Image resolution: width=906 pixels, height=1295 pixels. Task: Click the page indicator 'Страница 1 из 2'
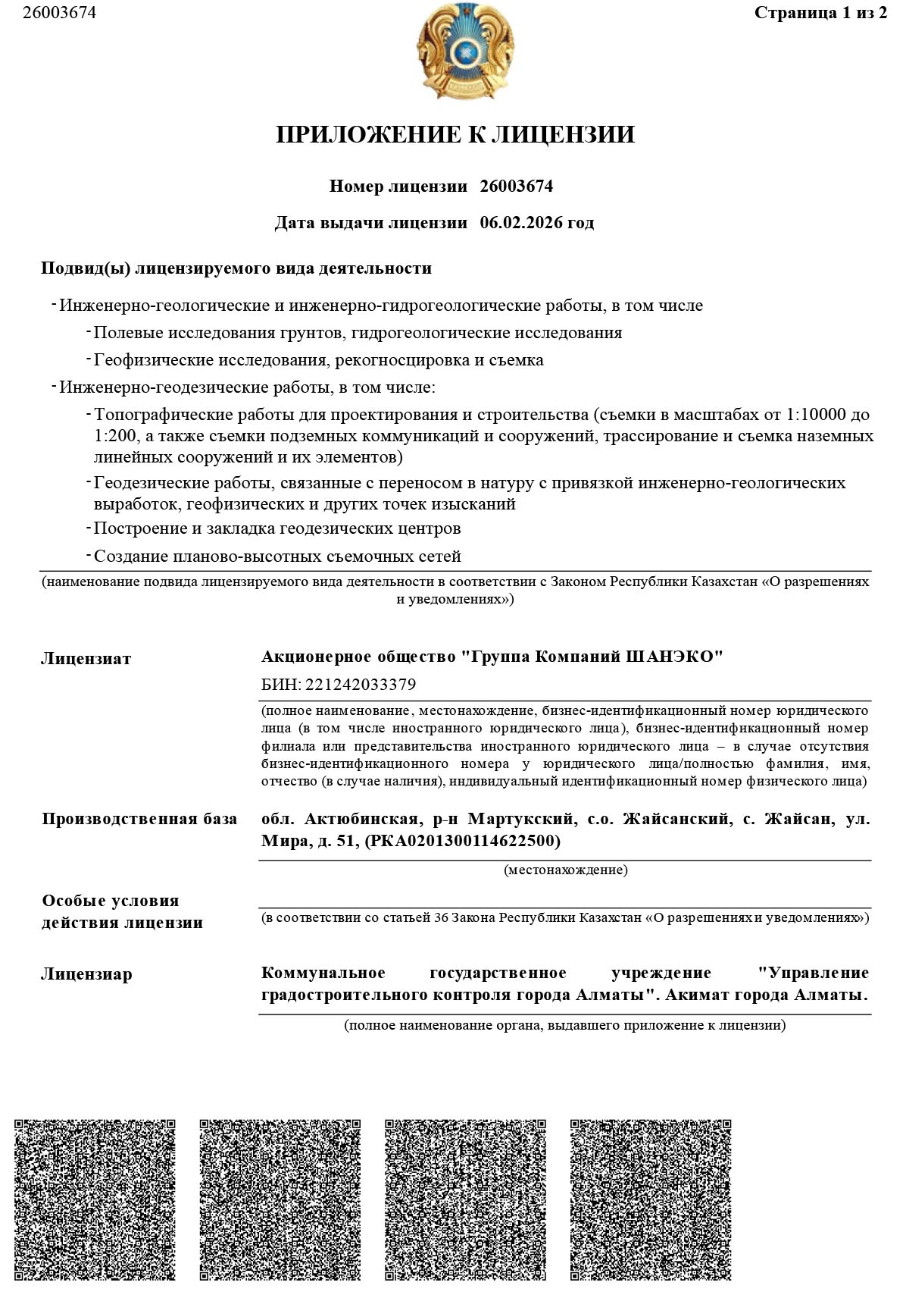tap(820, 13)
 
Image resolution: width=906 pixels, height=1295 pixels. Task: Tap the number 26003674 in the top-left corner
tap(59, 13)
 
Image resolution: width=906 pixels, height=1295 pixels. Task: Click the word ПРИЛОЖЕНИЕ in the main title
tap(369, 135)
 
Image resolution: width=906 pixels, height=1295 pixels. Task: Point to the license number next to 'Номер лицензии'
tap(517, 187)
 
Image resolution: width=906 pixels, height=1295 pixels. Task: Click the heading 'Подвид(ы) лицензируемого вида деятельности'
tap(236, 268)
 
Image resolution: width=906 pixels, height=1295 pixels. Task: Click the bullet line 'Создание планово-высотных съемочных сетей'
tap(277, 557)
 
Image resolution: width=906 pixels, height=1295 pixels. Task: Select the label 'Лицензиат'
tap(86, 659)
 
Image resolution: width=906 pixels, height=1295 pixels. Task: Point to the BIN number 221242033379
tap(359, 685)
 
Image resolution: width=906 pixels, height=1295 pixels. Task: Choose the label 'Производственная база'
tap(139, 819)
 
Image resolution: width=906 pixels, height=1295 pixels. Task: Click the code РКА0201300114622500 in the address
tap(463, 841)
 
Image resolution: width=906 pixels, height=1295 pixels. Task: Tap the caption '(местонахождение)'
tap(565, 870)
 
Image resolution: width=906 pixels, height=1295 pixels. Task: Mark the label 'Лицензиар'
tap(86, 974)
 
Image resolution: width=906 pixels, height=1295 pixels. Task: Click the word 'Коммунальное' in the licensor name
tap(323, 973)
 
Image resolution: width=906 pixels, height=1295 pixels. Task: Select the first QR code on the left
tap(95, 1199)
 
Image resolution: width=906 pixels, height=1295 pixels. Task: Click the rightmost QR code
tap(651, 1199)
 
